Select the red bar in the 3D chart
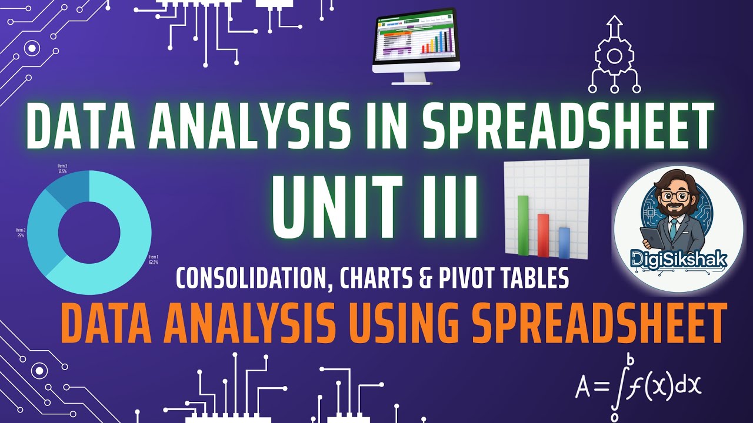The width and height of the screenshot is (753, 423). pyautogui.click(x=544, y=235)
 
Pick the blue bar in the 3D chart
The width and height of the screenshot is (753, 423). pyautogui.click(x=564, y=243)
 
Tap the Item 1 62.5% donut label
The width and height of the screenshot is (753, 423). pyautogui.click(x=154, y=259)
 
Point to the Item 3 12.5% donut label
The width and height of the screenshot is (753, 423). pyautogui.click(x=62, y=169)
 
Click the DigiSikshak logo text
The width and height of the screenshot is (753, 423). pyautogui.click(x=678, y=258)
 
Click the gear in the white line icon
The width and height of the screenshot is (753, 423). pyautogui.click(x=615, y=56)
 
